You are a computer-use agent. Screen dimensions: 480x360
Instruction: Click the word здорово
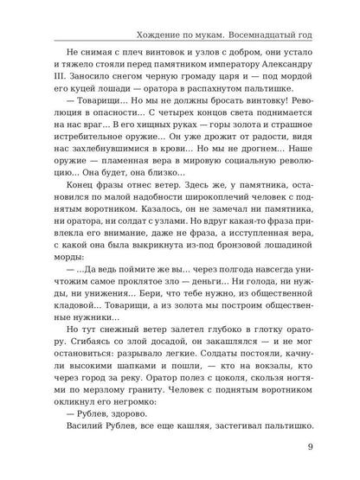(x=112, y=466)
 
